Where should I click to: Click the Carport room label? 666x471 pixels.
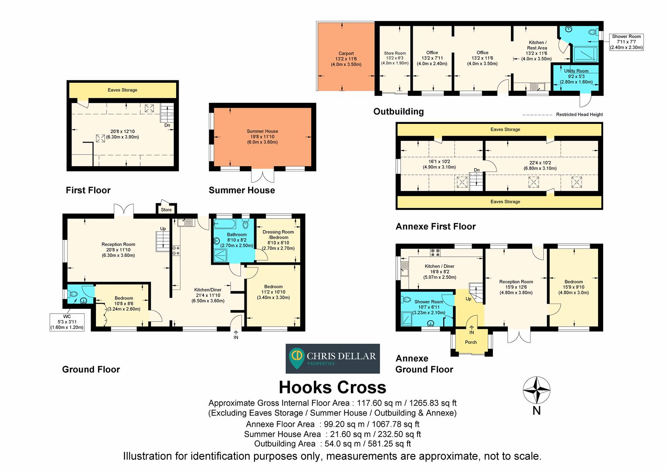(346, 59)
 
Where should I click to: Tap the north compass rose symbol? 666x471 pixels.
(537, 390)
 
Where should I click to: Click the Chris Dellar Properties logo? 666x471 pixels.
(333, 358)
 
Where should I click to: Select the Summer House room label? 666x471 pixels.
(262, 137)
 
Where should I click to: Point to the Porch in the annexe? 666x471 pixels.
(471, 342)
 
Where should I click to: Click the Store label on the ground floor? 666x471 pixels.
(166, 210)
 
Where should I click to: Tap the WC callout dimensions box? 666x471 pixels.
(67, 322)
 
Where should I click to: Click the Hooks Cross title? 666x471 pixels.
(332, 387)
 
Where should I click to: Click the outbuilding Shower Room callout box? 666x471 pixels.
(626, 42)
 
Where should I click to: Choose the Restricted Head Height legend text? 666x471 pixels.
(579, 115)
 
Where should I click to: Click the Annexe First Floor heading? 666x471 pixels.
(435, 226)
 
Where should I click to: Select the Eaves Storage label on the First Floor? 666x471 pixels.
(122, 90)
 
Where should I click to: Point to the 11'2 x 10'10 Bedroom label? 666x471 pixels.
(273, 292)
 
